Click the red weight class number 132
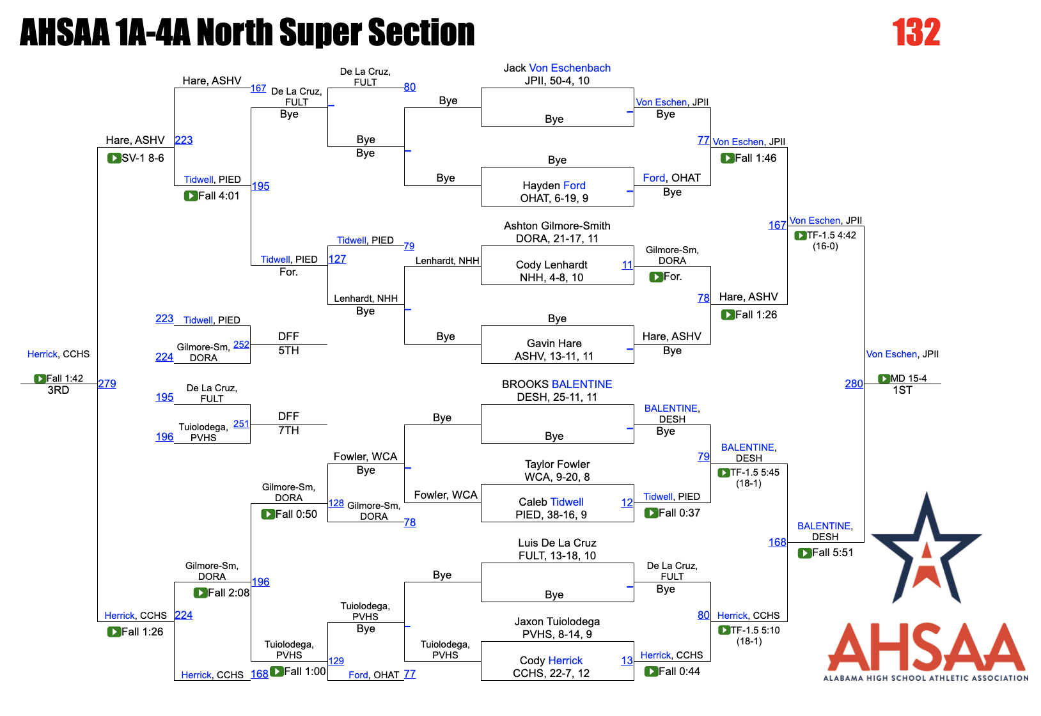916,33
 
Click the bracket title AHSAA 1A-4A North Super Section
247,33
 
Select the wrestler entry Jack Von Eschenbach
556,68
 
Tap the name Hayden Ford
554,185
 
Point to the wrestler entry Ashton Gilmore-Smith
556,226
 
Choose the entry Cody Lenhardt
551,265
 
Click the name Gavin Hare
554,343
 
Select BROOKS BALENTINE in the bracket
556,384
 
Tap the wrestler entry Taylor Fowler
557,464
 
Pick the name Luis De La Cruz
557,543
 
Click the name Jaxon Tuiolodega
557,621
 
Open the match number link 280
854,384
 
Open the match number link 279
107,384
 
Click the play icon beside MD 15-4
884,378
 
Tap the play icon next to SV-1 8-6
114,158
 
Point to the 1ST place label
902,390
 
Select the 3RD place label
58,390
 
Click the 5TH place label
288,350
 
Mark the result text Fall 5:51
833,552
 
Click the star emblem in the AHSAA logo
926,550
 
